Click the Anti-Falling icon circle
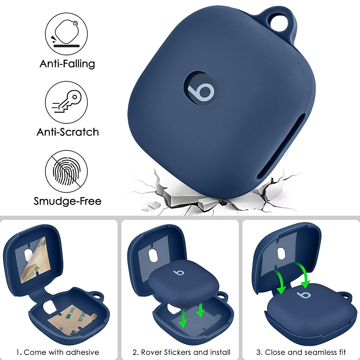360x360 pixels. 66,34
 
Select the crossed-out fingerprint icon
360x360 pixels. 66,171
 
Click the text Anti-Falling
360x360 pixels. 67,64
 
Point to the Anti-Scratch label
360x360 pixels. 67,132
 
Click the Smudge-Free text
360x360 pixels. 67,201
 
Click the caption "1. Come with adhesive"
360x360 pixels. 58,352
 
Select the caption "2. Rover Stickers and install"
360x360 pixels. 181,352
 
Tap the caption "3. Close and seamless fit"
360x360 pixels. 301,352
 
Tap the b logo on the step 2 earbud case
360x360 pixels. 179,272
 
